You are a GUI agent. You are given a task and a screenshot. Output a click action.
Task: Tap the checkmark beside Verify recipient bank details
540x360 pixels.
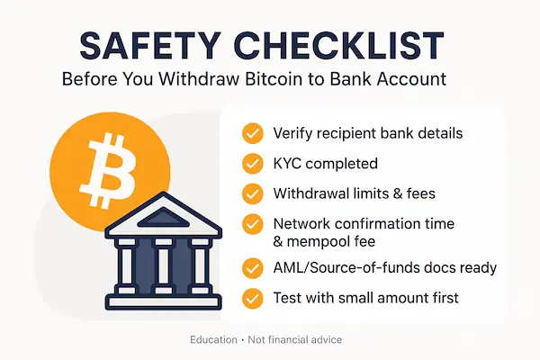253,134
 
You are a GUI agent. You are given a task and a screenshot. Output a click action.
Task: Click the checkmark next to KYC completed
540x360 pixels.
253,164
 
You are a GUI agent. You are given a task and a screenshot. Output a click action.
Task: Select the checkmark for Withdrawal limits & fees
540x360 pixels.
253,193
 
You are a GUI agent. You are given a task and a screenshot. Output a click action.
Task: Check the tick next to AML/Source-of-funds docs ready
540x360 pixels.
253,268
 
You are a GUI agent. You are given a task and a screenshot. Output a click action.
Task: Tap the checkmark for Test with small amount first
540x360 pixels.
253,298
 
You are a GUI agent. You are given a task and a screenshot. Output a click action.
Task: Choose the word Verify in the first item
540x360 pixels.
292,134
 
